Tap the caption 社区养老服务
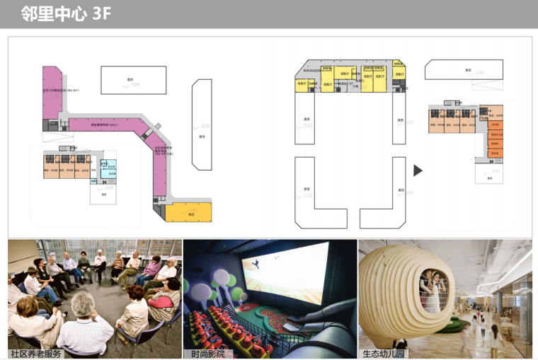point(36,353)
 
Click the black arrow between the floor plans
point(418,170)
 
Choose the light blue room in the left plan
point(108,170)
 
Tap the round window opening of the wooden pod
point(433,288)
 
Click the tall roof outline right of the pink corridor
point(202,124)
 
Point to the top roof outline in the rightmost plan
point(464,70)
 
